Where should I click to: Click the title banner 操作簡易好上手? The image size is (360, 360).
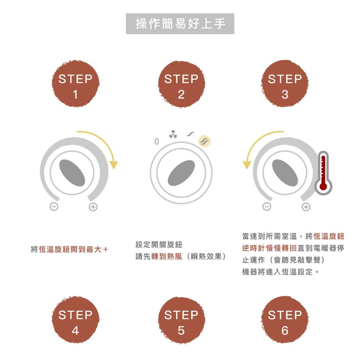pyautogui.click(x=180, y=24)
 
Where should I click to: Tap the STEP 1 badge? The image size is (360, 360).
pyautogui.click(x=75, y=84)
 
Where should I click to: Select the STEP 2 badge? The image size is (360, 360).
pyautogui.click(x=181, y=84)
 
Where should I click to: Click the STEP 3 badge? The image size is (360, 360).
pyautogui.click(x=285, y=84)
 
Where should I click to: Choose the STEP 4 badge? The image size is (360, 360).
pyautogui.click(x=75, y=320)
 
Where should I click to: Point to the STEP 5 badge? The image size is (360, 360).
pyautogui.click(x=181, y=320)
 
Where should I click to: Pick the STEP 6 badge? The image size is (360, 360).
pyautogui.click(x=285, y=320)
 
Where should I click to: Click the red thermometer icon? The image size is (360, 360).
pyautogui.click(x=323, y=173)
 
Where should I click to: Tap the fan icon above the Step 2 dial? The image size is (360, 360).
pyautogui.click(x=173, y=135)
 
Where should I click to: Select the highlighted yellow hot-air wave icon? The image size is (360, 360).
pyautogui.click(x=204, y=141)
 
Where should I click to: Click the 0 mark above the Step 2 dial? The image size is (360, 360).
pyautogui.click(x=157, y=141)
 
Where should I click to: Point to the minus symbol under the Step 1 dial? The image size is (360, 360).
pyautogui.click(x=54, y=206)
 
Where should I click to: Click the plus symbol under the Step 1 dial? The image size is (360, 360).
pyautogui.click(x=93, y=207)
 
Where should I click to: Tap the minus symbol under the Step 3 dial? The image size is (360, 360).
pyautogui.click(x=267, y=206)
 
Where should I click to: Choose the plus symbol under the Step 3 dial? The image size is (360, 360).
pyautogui.click(x=306, y=207)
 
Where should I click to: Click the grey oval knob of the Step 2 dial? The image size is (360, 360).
pyautogui.click(x=181, y=173)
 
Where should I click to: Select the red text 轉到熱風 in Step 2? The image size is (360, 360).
pyautogui.click(x=166, y=256)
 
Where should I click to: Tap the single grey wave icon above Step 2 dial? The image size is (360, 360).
pyautogui.click(x=190, y=134)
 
